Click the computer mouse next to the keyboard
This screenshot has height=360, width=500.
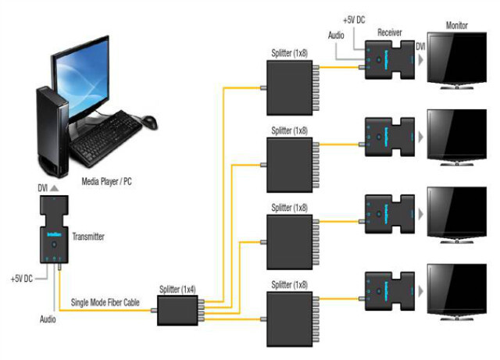[148, 123]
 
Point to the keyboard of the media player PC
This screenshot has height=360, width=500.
[106, 134]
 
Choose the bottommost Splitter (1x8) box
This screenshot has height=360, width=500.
[289, 313]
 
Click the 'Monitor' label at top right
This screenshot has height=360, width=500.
[457, 26]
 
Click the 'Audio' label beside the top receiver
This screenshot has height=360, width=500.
[336, 37]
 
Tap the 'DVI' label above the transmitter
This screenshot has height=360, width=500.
[43, 188]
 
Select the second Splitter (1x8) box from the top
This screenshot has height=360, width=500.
[289, 161]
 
